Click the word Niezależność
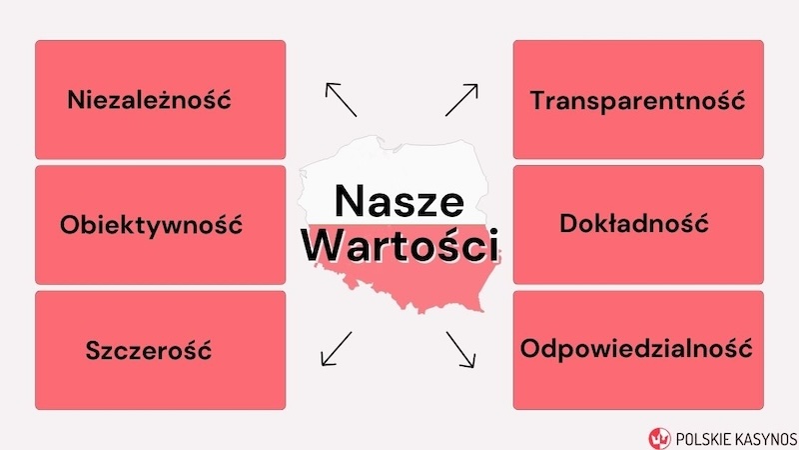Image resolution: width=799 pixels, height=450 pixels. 149,100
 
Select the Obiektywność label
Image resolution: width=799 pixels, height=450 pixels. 151,224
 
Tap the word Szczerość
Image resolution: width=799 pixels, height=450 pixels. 149,350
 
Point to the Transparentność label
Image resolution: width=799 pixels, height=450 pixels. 638,100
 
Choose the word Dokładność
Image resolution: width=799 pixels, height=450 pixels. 634,223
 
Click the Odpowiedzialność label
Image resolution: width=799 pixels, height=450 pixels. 636,350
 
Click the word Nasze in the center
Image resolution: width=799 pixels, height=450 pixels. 399,201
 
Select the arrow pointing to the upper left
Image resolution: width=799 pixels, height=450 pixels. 340,99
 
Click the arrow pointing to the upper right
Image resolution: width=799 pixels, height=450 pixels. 461,99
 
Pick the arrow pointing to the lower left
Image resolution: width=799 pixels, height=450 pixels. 336,347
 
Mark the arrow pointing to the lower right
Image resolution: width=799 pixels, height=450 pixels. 459,347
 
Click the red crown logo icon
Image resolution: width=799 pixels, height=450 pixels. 659,435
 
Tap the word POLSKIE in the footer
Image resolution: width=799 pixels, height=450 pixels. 703,436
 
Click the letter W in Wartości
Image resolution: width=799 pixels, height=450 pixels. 326,245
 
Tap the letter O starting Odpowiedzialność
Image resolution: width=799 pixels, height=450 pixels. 530,350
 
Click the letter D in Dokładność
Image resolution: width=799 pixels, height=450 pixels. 569,223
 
